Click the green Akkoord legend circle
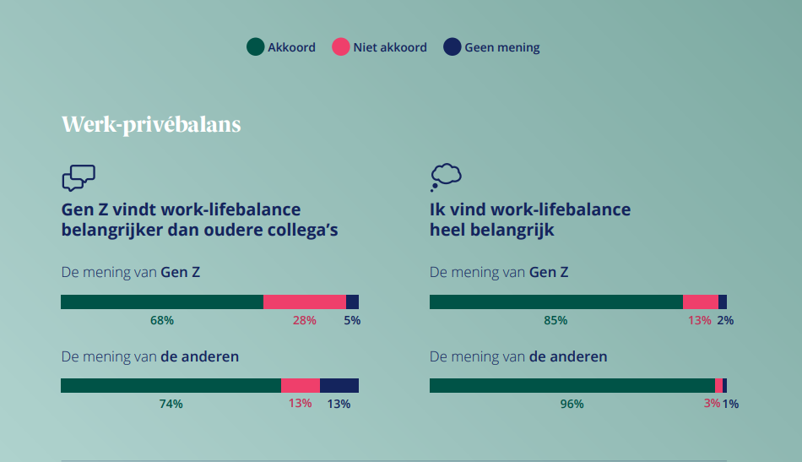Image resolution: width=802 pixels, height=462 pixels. click(x=255, y=46)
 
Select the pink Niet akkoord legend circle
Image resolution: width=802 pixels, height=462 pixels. click(x=341, y=46)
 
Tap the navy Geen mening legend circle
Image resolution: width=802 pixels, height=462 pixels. click(x=452, y=46)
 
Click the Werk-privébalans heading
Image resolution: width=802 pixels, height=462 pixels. click(x=151, y=124)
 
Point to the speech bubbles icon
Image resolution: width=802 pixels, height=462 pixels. click(x=79, y=177)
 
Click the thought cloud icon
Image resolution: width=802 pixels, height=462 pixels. click(x=446, y=177)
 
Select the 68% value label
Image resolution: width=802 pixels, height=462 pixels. click(x=161, y=320)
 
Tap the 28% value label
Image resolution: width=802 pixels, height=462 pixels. click(x=304, y=320)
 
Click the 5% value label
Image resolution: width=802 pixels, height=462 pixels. click(x=352, y=320)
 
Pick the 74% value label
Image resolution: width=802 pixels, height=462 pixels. click(x=171, y=404)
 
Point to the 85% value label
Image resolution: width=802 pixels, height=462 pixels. click(x=555, y=320)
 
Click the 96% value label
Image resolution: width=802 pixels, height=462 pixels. click(x=572, y=404)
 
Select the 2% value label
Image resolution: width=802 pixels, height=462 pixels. click(x=725, y=320)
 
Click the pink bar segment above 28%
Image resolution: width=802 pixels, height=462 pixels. click(x=305, y=302)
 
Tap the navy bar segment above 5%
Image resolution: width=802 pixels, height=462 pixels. click(x=352, y=302)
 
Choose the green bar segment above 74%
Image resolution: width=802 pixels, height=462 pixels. click(x=171, y=386)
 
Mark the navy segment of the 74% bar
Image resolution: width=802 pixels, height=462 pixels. click(x=339, y=386)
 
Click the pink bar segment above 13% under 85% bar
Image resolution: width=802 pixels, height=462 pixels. click(x=701, y=302)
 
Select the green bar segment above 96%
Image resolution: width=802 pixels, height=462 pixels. click(x=572, y=386)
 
